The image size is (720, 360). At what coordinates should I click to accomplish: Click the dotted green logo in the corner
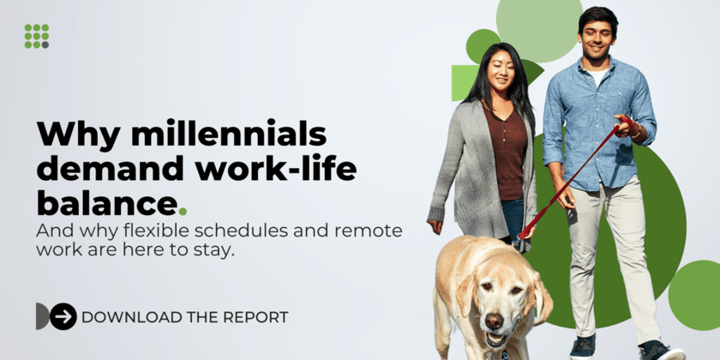(x=36, y=36)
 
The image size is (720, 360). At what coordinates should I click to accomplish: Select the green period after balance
(x=183, y=210)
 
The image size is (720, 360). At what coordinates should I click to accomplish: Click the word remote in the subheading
(x=368, y=231)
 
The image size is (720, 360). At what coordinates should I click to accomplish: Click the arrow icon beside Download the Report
(x=63, y=316)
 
